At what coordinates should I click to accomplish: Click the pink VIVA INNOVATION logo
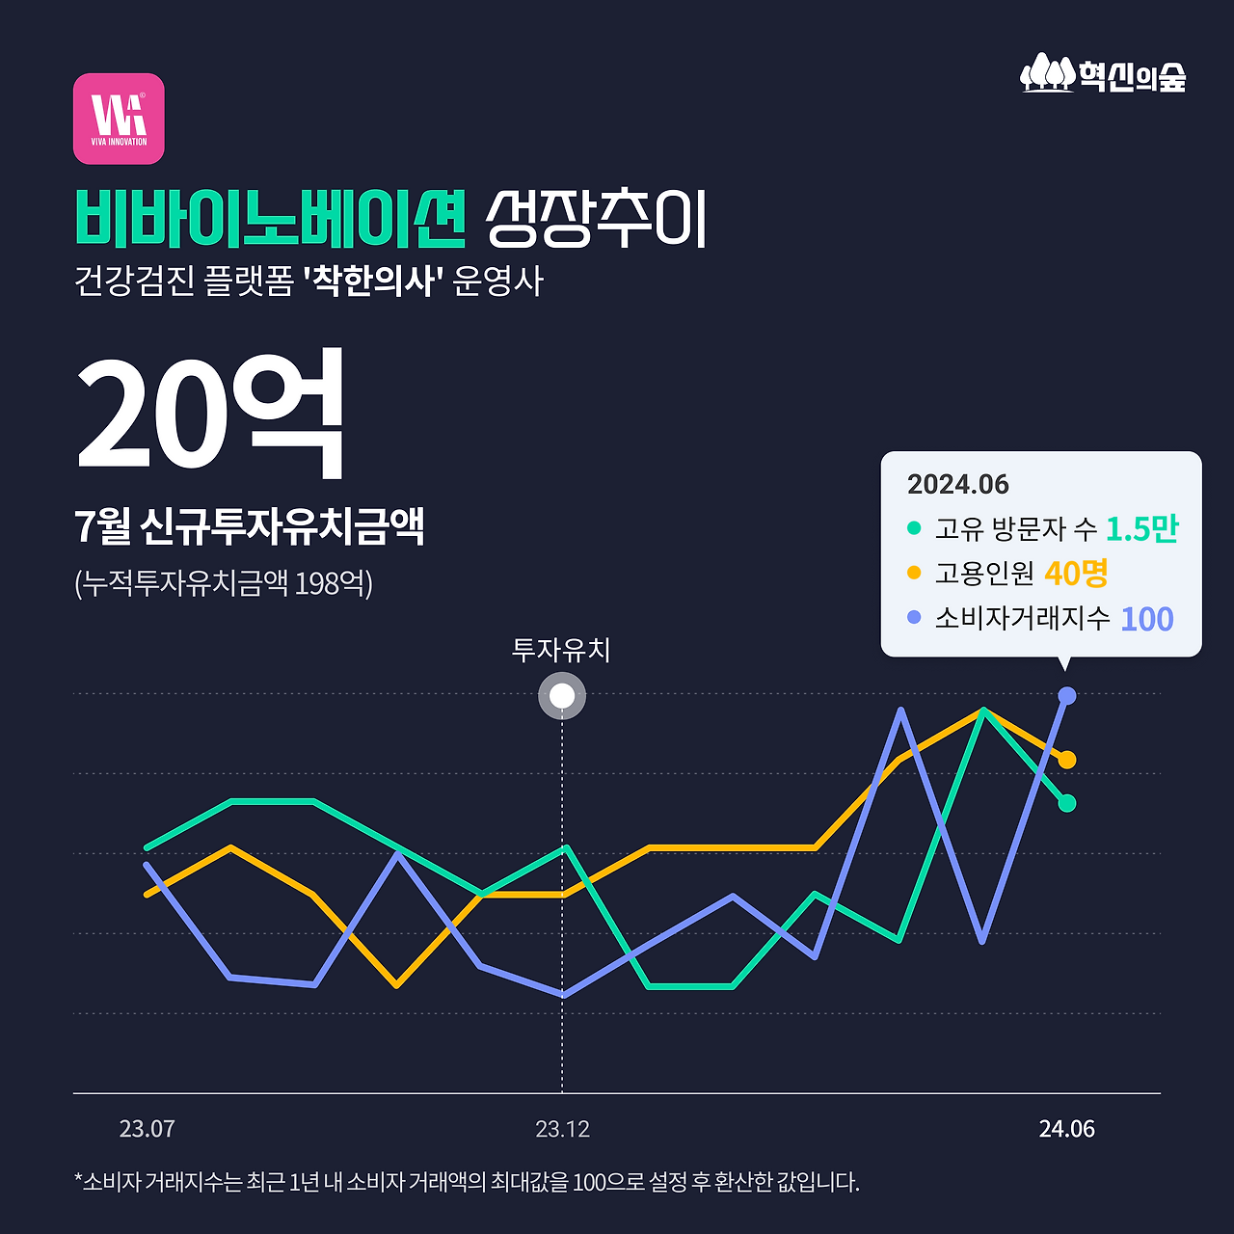119,119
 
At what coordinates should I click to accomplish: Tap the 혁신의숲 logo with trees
1103,73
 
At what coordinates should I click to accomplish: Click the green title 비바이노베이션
270,218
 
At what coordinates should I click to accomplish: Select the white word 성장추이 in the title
596,218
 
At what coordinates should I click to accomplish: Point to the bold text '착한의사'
372,282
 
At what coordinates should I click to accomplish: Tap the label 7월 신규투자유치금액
249,526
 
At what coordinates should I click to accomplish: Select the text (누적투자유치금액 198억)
224,583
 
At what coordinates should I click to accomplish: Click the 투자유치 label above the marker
561,650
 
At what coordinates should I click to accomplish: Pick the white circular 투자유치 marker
562,696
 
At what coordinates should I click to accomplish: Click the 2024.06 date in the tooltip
957,484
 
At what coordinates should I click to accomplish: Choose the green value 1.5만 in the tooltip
1141,528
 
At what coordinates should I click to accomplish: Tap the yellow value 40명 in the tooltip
1076,574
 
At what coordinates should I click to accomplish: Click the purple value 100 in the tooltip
1146,619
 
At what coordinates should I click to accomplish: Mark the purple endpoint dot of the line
1067,695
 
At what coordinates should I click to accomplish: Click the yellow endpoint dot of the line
1067,760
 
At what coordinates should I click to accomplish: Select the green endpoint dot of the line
1066,803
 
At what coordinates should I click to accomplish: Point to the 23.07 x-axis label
147,1129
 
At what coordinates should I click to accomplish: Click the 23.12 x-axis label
562,1129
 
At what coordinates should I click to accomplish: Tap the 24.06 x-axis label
1066,1129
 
